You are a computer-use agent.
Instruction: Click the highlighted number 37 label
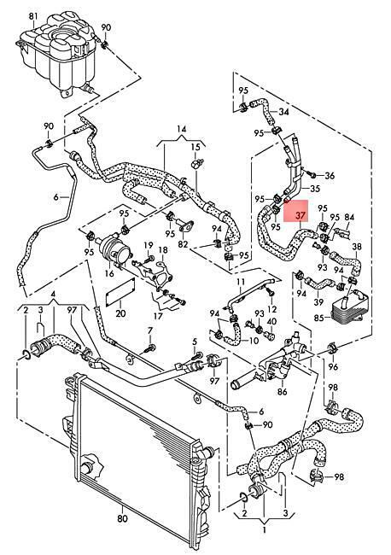click(301, 215)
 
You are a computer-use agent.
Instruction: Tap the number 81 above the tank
click(33, 16)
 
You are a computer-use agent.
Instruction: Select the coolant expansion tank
click(56, 54)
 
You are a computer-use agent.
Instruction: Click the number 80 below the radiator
click(122, 519)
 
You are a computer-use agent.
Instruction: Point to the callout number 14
click(182, 129)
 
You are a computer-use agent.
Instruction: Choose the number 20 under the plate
click(120, 313)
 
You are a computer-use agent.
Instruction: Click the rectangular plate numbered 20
click(120, 292)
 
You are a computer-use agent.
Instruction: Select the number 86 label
click(283, 391)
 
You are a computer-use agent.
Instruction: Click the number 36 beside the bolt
click(329, 175)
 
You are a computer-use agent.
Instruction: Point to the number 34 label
click(283, 112)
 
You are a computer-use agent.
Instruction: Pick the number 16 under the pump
click(109, 273)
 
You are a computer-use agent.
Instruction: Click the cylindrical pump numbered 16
click(114, 250)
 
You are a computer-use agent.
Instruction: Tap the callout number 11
click(241, 282)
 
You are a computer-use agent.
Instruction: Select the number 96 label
click(333, 366)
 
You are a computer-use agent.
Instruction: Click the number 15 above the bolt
click(195, 147)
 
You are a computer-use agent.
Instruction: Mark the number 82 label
click(183, 244)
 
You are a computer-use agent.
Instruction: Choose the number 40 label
click(271, 321)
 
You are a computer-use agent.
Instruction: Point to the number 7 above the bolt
click(150, 330)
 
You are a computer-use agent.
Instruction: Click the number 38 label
click(357, 247)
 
